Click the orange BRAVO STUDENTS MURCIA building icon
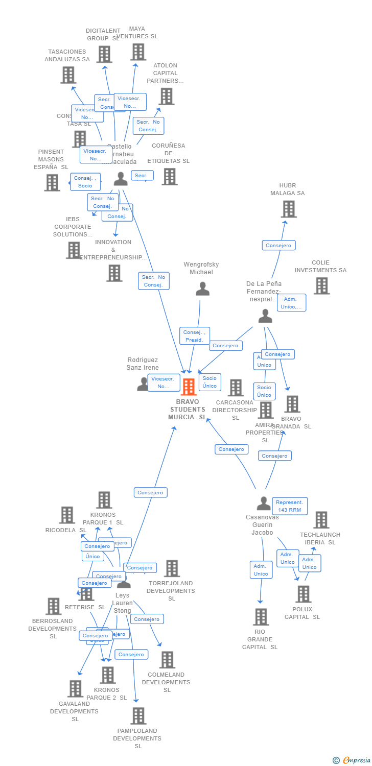[x=189, y=387]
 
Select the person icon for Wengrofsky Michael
[x=202, y=289]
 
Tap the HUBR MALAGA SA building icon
[x=289, y=209]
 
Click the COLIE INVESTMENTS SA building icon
[x=321, y=286]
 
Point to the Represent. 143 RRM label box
[x=290, y=506]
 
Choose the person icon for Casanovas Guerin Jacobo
[x=264, y=504]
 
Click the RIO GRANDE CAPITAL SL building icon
[x=261, y=617]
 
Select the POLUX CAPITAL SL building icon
[x=303, y=594]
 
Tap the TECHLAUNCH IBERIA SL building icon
[x=321, y=520]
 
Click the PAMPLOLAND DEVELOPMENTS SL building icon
[x=138, y=716]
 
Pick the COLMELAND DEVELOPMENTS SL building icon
[x=167, y=660]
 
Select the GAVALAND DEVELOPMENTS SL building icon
[x=75, y=689]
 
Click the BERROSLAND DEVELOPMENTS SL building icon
[x=53, y=606]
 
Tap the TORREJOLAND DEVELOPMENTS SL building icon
[x=172, y=568]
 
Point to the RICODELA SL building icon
[x=67, y=515]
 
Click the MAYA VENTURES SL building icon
[x=138, y=52]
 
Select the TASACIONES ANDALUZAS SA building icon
[x=68, y=75]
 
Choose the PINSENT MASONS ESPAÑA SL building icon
[x=52, y=182]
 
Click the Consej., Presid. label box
[x=195, y=336]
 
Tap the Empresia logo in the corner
[x=351, y=760]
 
